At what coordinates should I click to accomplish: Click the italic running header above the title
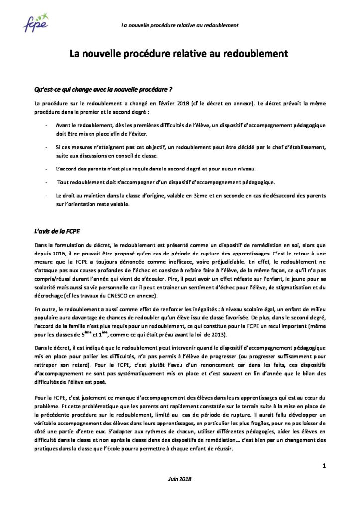pos(180,25)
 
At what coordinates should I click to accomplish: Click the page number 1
pos(324,466)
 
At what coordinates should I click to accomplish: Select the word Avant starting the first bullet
pos(65,124)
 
